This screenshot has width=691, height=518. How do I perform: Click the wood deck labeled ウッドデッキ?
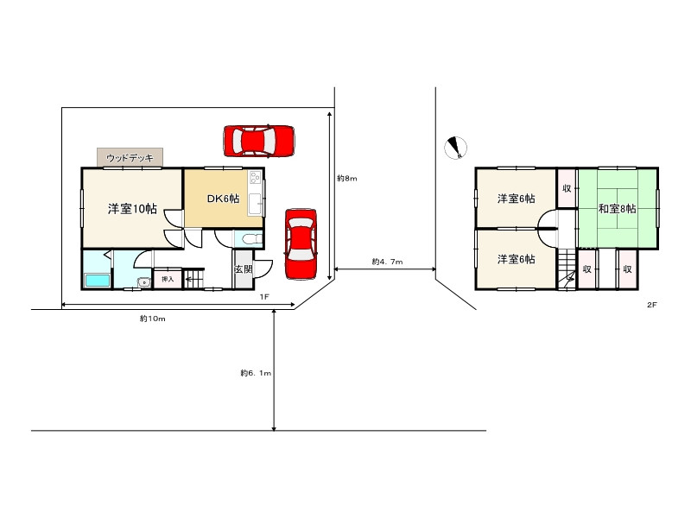pos(130,157)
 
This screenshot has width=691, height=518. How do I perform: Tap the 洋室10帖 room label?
pos(132,208)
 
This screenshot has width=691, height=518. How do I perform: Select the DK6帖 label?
pos(223,199)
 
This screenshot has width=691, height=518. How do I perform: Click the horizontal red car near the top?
pos(259,141)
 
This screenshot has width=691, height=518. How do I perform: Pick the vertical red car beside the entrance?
pos(301,244)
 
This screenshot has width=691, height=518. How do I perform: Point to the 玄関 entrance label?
pos(243,268)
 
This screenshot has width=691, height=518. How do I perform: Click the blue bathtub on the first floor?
pos(97,280)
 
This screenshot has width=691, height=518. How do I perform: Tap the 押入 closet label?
pos(168,279)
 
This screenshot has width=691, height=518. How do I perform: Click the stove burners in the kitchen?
pos(255,178)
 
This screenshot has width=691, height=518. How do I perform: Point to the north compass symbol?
pos(455,148)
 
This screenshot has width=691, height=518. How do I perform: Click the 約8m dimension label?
pos(347,179)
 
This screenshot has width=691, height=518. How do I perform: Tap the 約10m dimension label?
pos(153,319)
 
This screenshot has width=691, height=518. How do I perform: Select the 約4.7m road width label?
pos(387,262)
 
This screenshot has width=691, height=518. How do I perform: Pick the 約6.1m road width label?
pos(256,373)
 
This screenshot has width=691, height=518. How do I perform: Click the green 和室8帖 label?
pos(617,208)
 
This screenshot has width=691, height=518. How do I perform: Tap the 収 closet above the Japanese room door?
pos(567,188)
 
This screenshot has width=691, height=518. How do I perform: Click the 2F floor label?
pos(652,305)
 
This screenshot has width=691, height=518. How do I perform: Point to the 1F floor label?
pos(264,297)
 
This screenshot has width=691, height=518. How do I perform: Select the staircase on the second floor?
pos(567,268)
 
